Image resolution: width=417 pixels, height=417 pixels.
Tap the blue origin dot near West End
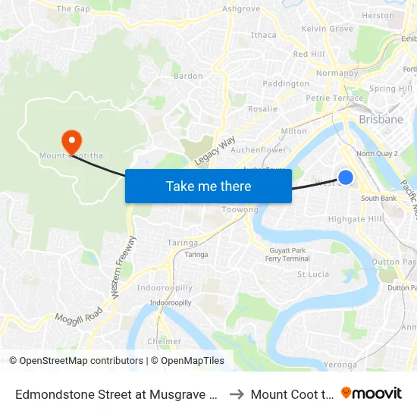345,177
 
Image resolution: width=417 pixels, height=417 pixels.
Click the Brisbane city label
381,120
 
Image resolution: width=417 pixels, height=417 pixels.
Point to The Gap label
74,9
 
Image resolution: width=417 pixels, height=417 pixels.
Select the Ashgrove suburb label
241,9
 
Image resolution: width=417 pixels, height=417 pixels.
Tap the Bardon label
188,76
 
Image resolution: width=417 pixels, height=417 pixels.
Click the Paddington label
286,84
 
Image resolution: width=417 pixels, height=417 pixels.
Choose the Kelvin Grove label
328,29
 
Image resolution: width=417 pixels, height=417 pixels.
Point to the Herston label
378,15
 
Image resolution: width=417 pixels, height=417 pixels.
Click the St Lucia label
312,274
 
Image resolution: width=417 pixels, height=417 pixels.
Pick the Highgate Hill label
356,219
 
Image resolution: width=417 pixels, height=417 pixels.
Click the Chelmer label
165,341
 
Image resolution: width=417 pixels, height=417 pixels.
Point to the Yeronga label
339,364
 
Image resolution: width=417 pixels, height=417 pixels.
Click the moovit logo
372,393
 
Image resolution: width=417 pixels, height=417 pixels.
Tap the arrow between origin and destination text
236,393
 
